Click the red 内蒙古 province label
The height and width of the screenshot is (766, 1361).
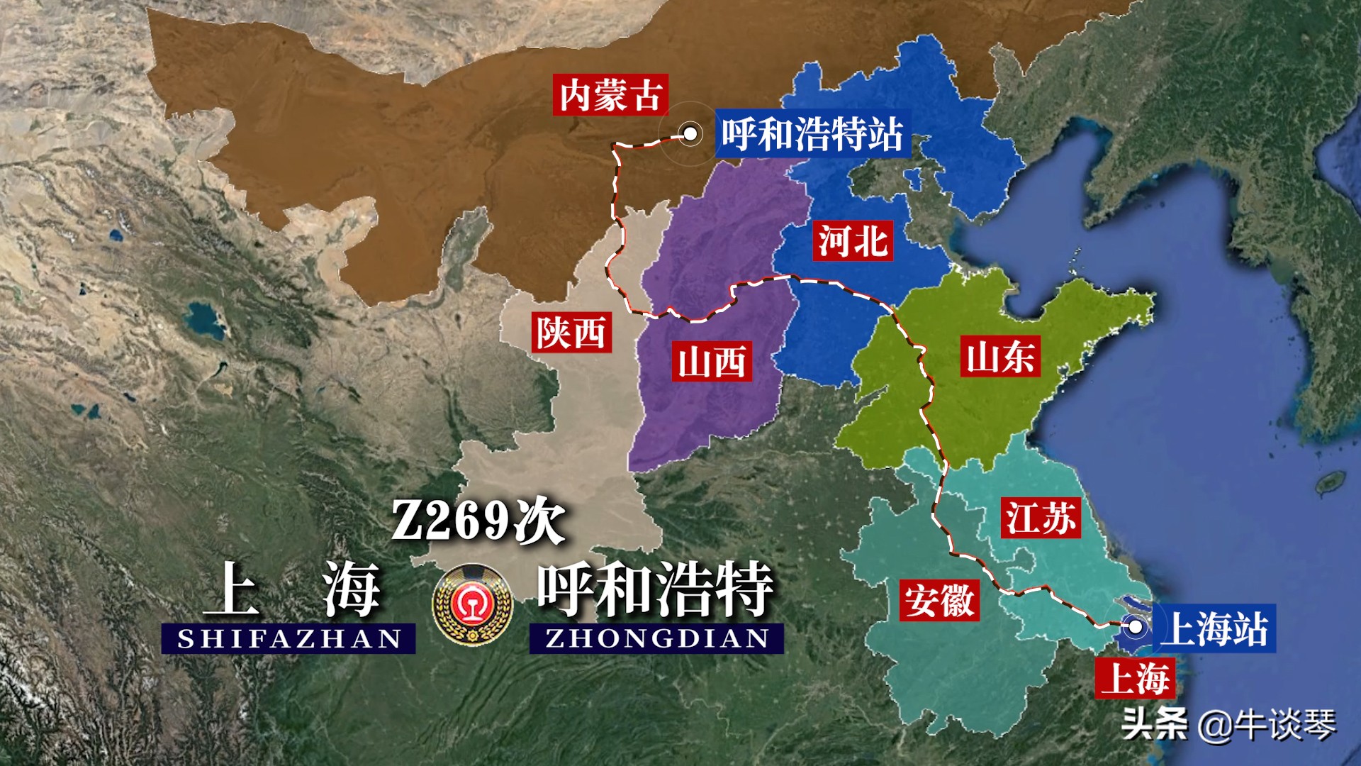pyautogui.click(x=610, y=95)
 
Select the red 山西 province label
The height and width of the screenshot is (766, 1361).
pyautogui.click(x=712, y=361)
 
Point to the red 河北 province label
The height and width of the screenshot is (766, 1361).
pyautogui.click(x=852, y=240)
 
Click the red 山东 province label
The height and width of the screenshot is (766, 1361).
pyautogui.click(x=1000, y=356)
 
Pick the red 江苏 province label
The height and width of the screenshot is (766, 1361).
pyautogui.click(x=1041, y=518)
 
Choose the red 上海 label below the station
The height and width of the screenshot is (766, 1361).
pyautogui.click(x=1135, y=678)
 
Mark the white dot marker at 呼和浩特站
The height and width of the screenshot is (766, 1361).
pyautogui.click(x=689, y=133)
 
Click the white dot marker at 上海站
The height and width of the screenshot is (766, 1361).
pyautogui.click(x=1135, y=627)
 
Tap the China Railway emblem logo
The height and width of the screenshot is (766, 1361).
pyautogui.click(x=473, y=605)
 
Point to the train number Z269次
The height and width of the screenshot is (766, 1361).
pyautogui.click(x=478, y=521)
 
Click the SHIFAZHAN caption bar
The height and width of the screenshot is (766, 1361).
pyautogui.click(x=289, y=638)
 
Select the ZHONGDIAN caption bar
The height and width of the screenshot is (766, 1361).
pyautogui.click(x=656, y=638)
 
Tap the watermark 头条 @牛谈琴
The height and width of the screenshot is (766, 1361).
pyautogui.click(x=1228, y=724)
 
